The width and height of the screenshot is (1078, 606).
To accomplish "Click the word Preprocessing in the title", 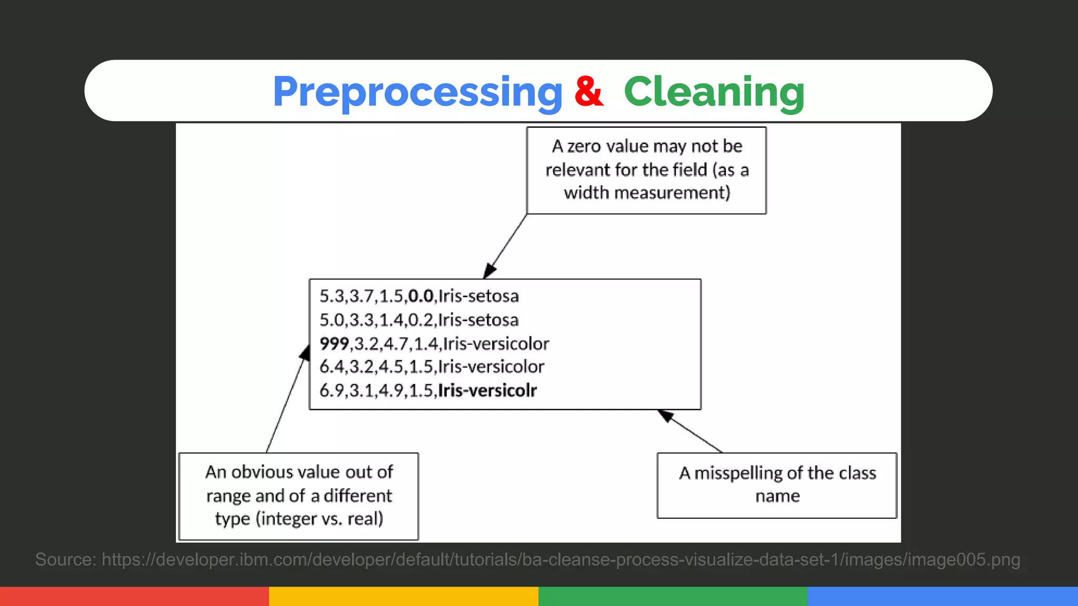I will (417, 92).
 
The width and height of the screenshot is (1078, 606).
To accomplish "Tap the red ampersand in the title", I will (588, 92).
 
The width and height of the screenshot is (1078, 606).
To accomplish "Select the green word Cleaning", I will (714, 92).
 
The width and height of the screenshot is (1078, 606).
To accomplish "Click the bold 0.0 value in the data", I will (421, 296).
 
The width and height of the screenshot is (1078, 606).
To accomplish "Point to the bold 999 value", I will (334, 344).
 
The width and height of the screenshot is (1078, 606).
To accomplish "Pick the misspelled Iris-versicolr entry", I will (487, 390).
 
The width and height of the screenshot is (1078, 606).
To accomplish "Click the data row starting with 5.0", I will (419, 320).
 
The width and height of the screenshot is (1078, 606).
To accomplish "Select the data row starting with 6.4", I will (432, 367).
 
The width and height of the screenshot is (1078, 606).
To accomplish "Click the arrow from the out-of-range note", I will (286, 400).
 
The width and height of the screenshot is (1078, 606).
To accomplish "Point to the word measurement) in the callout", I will (672, 193).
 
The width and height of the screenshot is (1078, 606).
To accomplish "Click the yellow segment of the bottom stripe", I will (403, 596).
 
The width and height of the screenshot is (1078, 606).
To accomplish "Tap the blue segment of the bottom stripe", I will (942, 596).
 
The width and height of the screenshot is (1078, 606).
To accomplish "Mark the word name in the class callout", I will (777, 496).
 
